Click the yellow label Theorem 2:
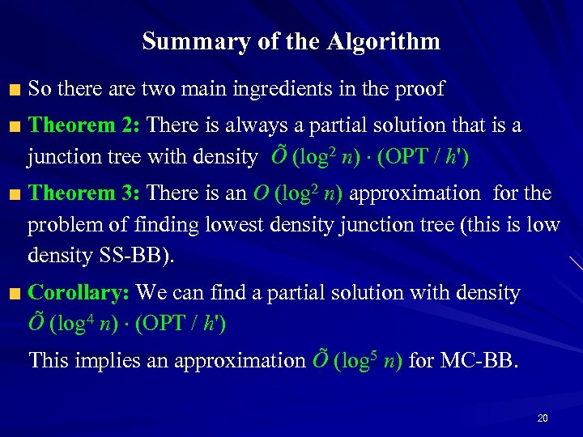tap(85, 125)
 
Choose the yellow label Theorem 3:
tap(85, 193)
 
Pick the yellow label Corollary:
tap(79, 292)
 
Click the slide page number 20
tap(543, 418)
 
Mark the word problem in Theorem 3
tap(61, 224)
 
